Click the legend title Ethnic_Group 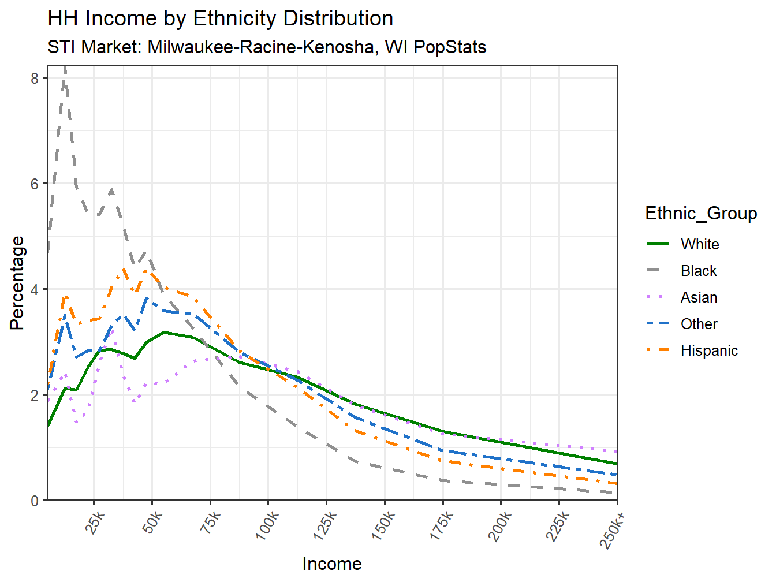coord(701,213)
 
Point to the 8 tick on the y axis coord(35,78)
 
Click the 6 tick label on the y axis coord(35,184)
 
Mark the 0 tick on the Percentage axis coord(35,501)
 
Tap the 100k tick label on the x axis coord(267,526)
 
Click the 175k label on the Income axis coord(442,526)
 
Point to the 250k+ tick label coord(614,528)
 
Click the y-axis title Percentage coord(17,283)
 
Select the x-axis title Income coord(332,564)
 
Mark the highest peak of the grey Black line coord(65,68)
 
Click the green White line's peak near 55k coord(164,332)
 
